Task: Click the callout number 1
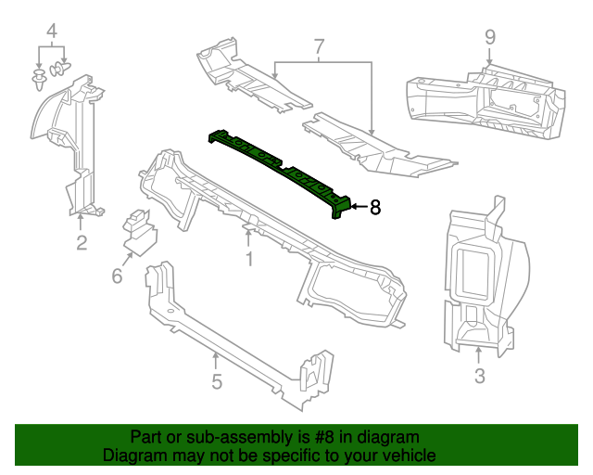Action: (249, 260)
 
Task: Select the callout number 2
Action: (82, 243)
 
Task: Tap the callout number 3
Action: (479, 376)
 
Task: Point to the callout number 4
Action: (52, 32)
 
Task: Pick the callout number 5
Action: (216, 381)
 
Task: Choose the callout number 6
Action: (117, 276)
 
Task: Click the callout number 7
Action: (319, 45)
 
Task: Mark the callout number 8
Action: (374, 208)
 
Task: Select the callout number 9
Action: (490, 37)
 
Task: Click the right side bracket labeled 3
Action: (482, 278)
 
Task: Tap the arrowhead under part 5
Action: (216, 356)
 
